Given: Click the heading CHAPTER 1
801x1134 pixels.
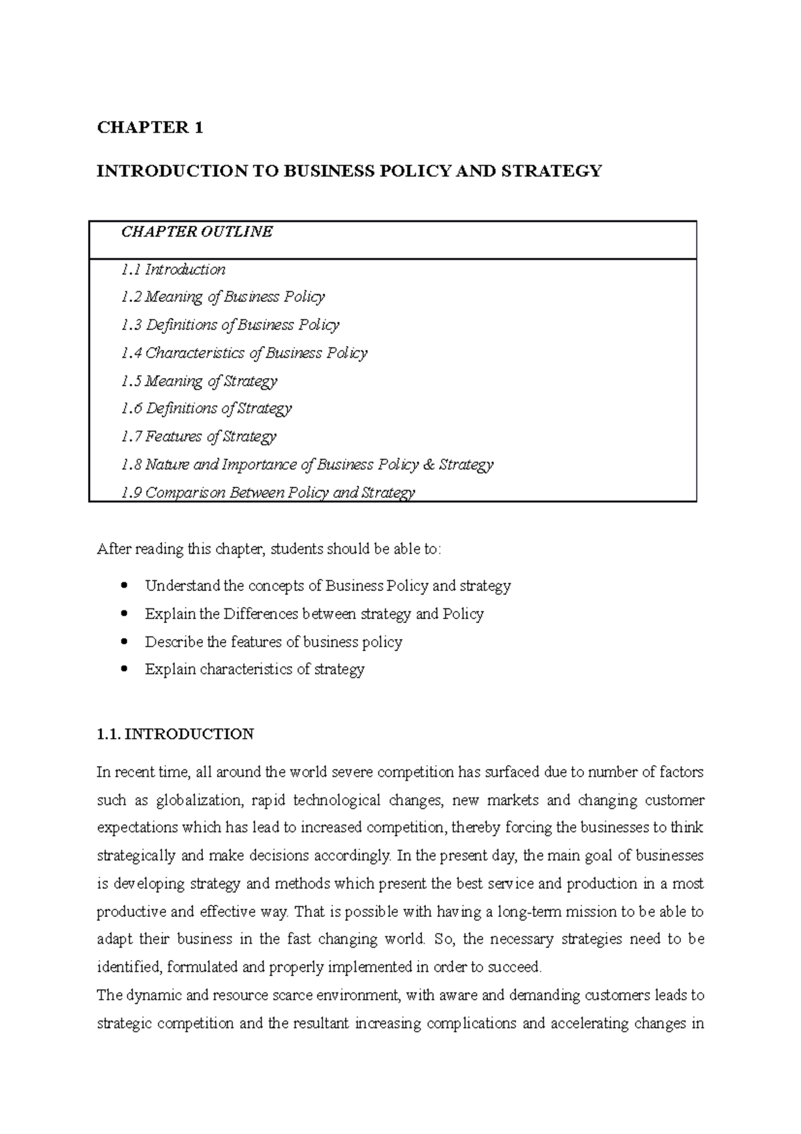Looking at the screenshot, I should click(x=150, y=128).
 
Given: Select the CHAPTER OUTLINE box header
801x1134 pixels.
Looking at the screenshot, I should click(x=196, y=232).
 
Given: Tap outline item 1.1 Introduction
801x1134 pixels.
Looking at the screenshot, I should click(x=173, y=269).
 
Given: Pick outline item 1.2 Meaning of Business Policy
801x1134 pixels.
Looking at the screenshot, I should click(x=222, y=297).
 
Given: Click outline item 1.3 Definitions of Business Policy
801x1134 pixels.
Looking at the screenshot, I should click(x=230, y=325).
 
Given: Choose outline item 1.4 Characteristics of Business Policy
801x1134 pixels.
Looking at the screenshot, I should click(x=244, y=353).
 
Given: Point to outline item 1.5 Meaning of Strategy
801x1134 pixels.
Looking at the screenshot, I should click(x=199, y=381).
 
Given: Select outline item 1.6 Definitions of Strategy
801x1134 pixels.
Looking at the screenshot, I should click(x=206, y=408).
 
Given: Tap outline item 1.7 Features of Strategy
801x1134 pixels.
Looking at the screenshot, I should click(x=198, y=436).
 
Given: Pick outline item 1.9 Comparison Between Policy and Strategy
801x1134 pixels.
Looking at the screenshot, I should click(x=268, y=492).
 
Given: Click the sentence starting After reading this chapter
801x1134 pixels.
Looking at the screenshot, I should click(x=269, y=549).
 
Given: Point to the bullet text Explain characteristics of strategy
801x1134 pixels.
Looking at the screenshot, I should click(x=254, y=669).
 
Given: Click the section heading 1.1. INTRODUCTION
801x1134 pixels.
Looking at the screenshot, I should click(x=175, y=734).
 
